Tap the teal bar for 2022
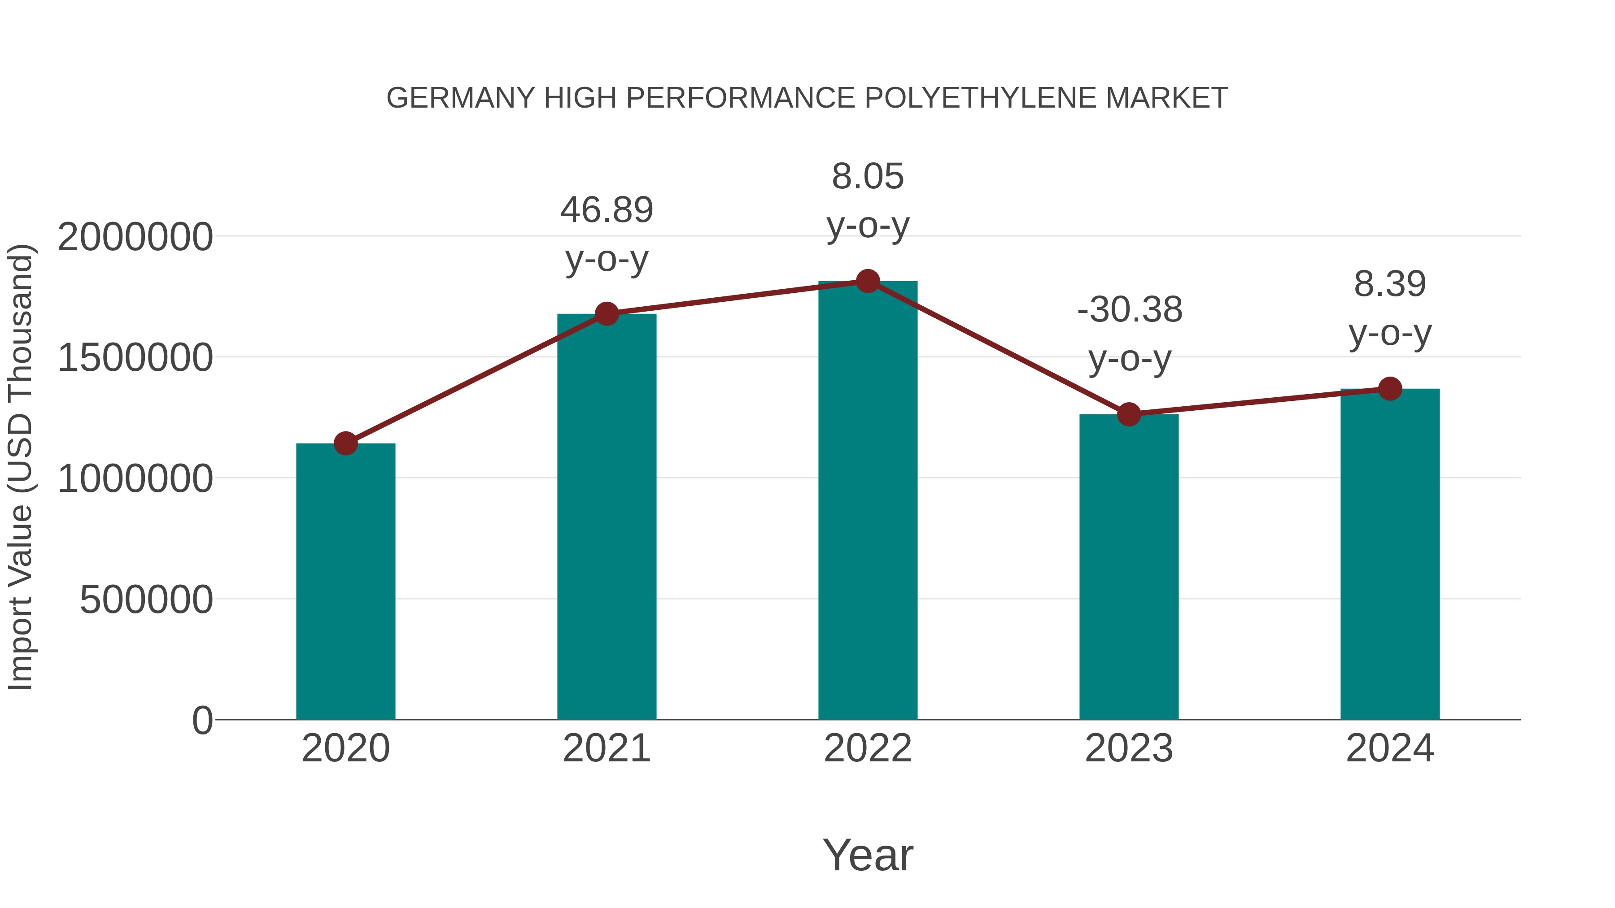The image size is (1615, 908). click(x=868, y=501)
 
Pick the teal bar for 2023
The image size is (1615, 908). click(x=1129, y=567)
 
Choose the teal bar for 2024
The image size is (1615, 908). click(x=1390, y=555)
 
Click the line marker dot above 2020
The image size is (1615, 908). click(x=345, y=443)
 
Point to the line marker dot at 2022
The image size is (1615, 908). click(x=868, y=281)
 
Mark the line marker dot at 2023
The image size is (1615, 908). click(x=1129, y=414)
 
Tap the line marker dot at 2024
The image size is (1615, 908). click(x=1390, y=388)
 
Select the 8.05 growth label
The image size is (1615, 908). click(x=868, y=200)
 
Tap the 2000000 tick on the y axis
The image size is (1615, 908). click(x=135, y=238)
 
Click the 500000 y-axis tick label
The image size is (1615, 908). click(x=146, y=600)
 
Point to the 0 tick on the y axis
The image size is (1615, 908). click(x=202, y=721)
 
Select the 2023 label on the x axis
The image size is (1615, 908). click(x=1129, y=748)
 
